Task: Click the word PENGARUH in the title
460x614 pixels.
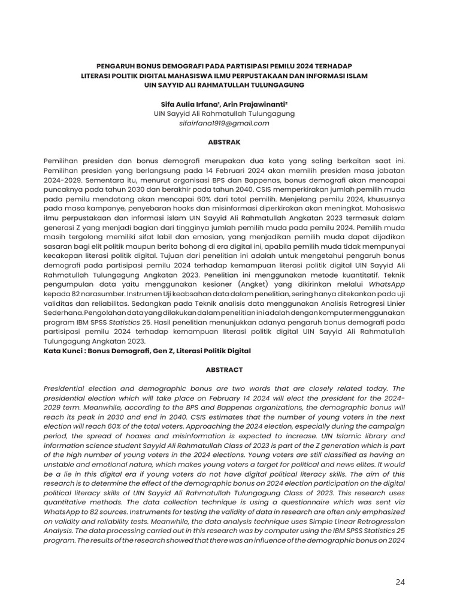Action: click(x=117, y=65)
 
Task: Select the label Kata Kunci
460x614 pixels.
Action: click(x=62, y=351)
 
